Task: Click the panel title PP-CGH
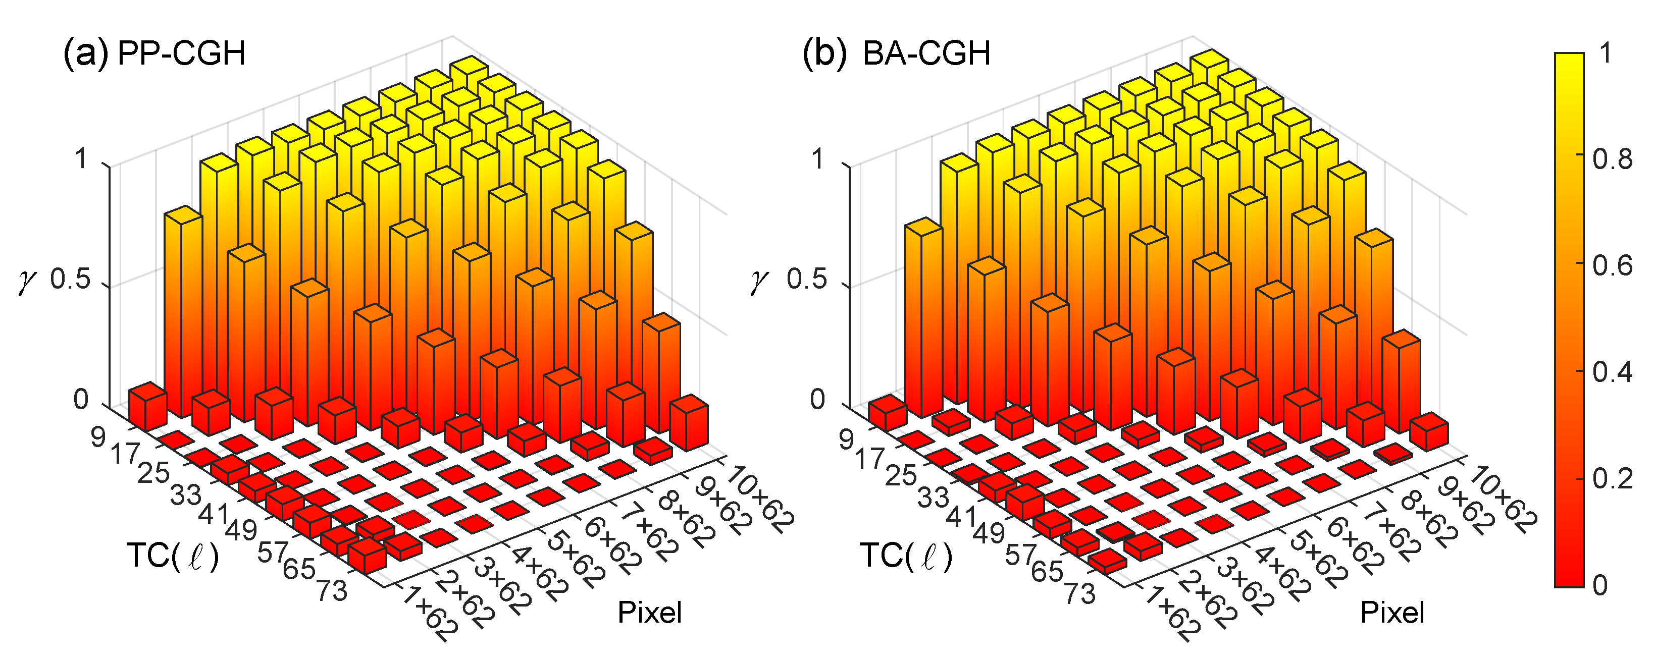(182, 52)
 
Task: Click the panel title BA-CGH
(926, 52)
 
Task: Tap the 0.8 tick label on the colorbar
(1612, 158)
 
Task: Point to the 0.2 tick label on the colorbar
(1612, 479)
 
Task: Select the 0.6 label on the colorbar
(1612, 265)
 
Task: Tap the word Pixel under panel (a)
(649, 613)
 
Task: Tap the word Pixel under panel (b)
(1392, 613)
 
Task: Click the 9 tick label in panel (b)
(846, 439)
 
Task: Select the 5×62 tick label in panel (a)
(574, 555)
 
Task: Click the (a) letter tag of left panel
(85, 52)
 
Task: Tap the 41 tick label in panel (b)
(961, 515)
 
